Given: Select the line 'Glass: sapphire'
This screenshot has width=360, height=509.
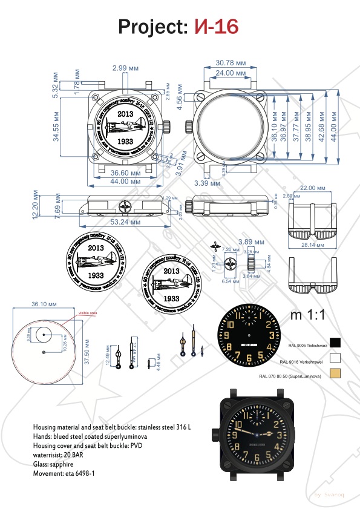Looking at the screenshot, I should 54,464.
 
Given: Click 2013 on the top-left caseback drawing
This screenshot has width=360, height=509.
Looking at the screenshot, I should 126,114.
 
